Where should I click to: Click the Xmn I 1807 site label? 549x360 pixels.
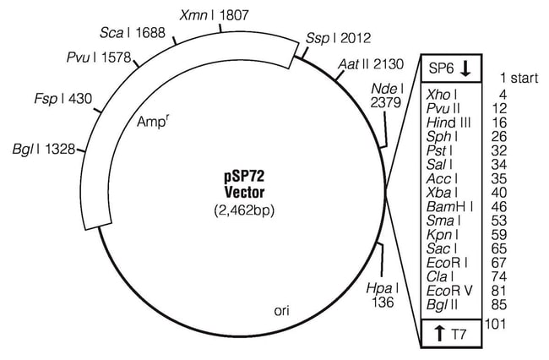click(214, 15)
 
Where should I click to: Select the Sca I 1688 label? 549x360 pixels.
click(133, 33)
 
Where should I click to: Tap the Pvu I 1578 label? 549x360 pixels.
click(99, 57)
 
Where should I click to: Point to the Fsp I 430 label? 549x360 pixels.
click(63, 98)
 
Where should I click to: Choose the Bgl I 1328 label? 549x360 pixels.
click(44, 150)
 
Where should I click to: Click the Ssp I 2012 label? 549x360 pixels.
click(338, 38)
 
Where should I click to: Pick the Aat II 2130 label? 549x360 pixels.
click(371, 64)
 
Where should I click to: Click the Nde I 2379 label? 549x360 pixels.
click(387, 95)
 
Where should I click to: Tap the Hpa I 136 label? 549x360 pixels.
click(383, 295)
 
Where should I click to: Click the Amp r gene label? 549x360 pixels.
click(151, 121)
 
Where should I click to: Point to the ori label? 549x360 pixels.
click(282, 311)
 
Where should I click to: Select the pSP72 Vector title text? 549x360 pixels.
click(244, 184)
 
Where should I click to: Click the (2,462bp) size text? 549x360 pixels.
click(244, 210)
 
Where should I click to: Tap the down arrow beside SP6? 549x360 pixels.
click(465, 68)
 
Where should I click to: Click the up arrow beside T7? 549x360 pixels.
click(439, 334)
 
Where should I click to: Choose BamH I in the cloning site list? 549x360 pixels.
click(449, 206)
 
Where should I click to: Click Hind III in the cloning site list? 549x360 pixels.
click(448, 123)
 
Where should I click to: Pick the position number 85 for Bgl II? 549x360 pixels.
click(499, 305)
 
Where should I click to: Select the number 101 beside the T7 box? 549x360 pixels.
click(495, 324)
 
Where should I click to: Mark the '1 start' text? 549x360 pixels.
click(519, 78)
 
